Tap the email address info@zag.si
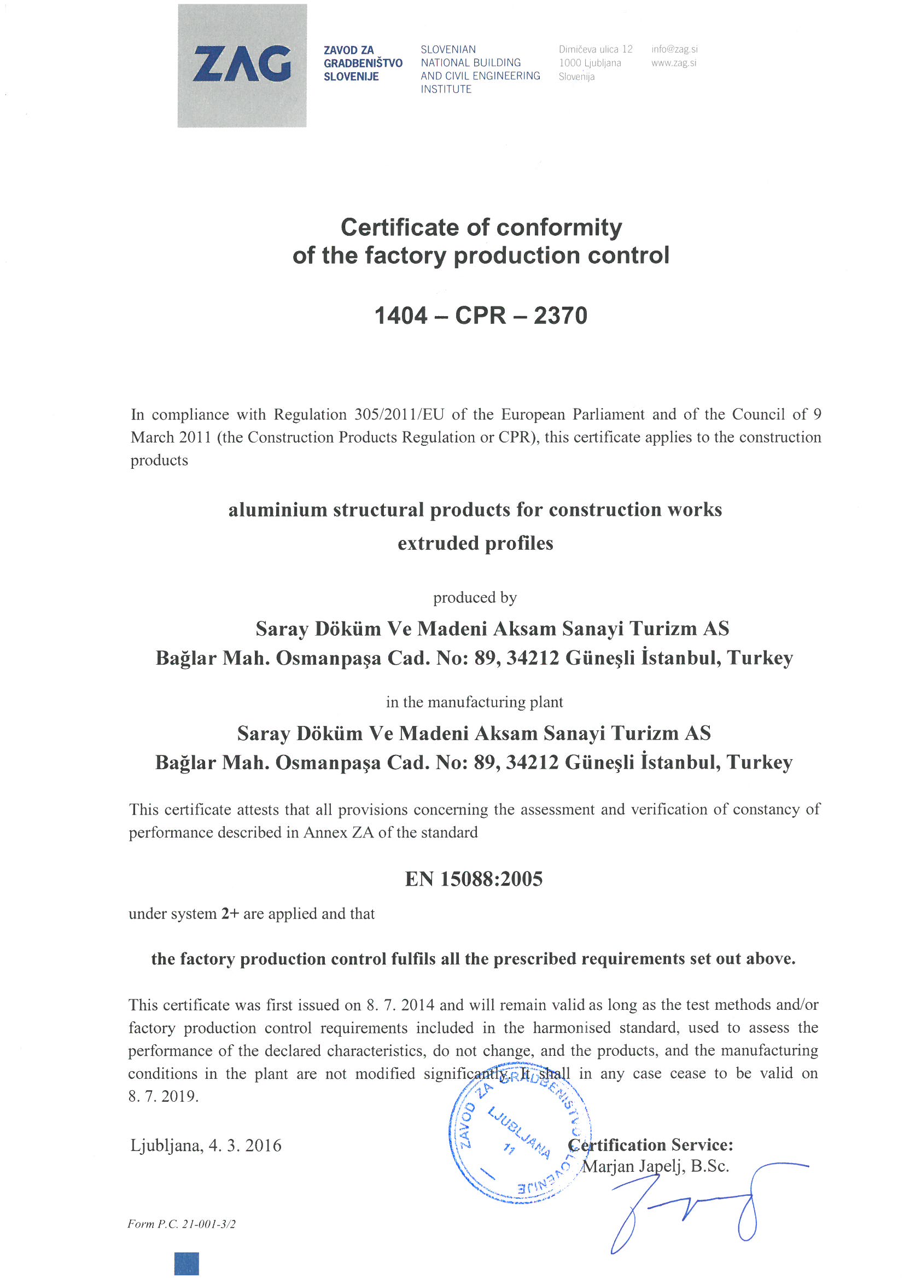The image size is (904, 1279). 674,49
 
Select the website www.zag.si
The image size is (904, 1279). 673,63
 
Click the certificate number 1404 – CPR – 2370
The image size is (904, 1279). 481,315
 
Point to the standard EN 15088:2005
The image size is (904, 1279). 474,879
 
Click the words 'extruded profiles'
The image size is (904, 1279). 475,543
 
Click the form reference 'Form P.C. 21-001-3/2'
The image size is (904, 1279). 181,1224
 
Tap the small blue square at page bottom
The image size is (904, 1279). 186,1263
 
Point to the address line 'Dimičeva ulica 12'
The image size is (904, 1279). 596,49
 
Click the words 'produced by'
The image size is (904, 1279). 475,597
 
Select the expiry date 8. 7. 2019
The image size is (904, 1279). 163,1096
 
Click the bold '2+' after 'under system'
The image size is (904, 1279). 230,914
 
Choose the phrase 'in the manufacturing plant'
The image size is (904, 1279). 475,702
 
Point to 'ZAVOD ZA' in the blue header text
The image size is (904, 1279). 349,50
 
